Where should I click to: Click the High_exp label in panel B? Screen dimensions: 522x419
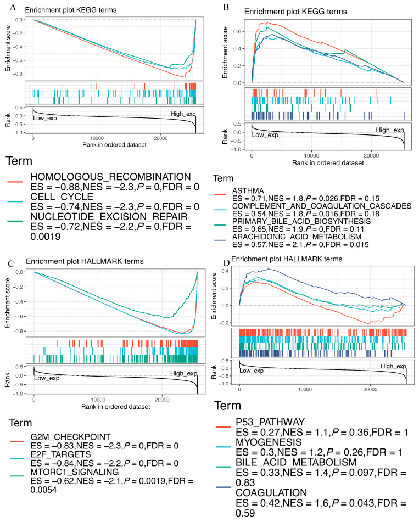(390, 130)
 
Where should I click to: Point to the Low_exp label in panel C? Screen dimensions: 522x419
(49, 378)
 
